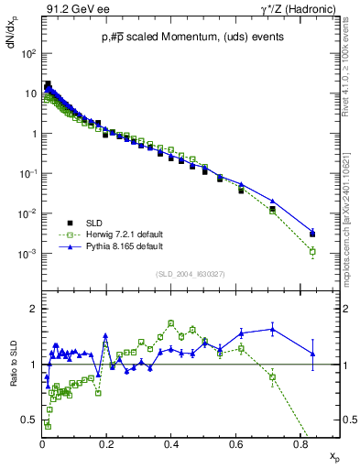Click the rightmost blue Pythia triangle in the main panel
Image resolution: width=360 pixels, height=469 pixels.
pos(312,233)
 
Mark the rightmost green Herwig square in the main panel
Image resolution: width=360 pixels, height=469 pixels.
pos(312,251)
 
